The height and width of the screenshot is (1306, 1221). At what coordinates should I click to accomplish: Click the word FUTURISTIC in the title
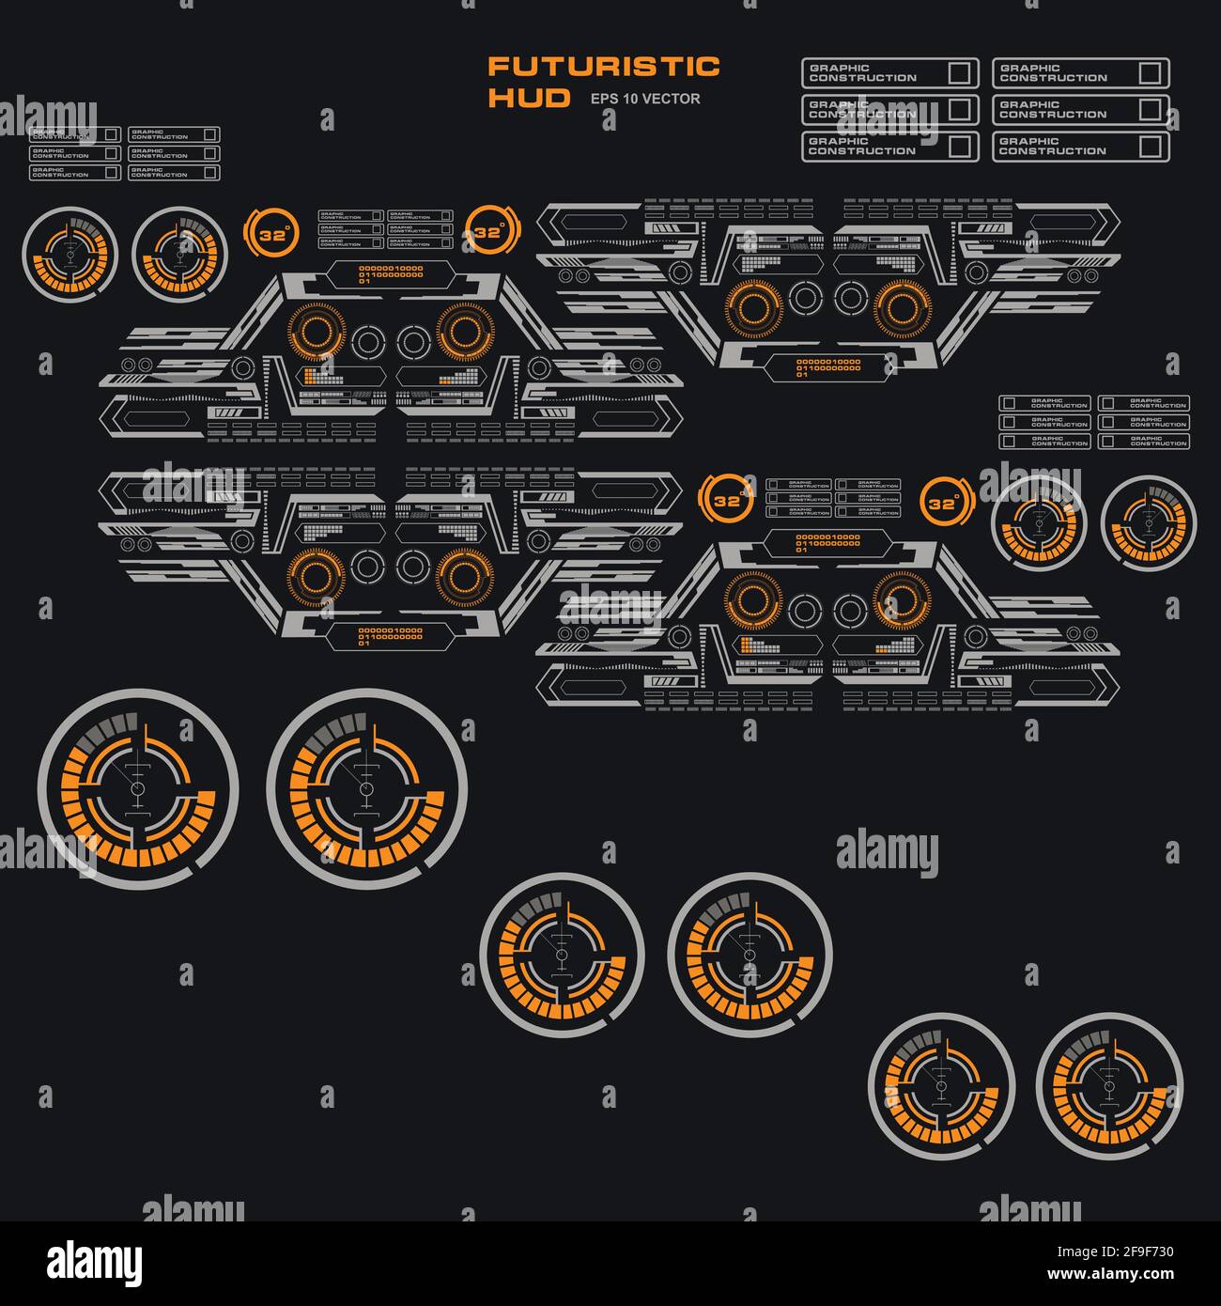[603, 67]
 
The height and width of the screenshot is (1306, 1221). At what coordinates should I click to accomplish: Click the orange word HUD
[529, 98]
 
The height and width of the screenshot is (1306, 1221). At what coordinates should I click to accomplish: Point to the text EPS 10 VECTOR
[644, 99]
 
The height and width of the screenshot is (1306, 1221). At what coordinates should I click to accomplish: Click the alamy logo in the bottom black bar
[95, 1262]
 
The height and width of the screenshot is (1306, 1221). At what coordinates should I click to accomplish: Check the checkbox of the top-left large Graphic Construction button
[959, 73]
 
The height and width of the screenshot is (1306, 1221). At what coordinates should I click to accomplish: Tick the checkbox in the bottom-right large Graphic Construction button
[1150, 147]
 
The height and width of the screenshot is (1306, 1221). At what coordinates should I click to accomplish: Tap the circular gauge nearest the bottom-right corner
[1109, 1085]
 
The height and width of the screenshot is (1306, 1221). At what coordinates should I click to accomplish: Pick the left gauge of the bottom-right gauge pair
[941, 1085]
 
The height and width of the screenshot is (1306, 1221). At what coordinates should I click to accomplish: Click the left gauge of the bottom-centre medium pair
[562, 955]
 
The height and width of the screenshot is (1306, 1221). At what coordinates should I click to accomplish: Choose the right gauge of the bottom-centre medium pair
[750, 955]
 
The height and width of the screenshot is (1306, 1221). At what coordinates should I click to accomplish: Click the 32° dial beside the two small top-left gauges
[271, 235]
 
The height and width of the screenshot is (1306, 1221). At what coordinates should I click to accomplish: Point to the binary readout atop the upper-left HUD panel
[391, 274]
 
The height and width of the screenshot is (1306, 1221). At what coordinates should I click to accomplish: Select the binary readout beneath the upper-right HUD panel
[827, 367]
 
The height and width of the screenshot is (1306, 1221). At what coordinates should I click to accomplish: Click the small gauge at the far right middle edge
[1149, 522]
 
